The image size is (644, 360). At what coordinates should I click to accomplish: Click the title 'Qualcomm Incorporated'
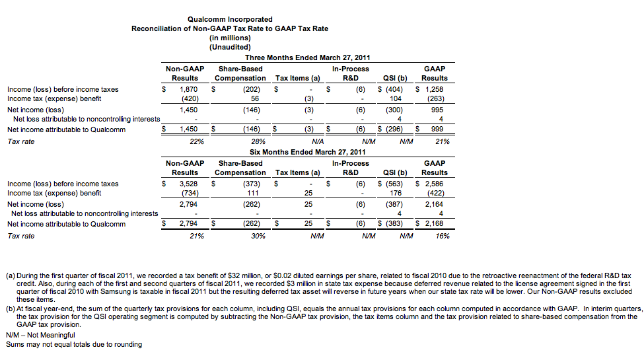230,20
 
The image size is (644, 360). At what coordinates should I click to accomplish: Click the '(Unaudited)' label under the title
230,48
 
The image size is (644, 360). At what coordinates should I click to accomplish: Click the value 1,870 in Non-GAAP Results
189,89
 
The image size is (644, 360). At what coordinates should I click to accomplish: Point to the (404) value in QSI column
390,89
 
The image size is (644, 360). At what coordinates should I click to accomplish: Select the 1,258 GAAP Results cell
433,89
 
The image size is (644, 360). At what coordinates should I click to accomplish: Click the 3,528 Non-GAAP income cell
189,184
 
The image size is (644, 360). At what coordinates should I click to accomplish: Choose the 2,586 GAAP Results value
433,184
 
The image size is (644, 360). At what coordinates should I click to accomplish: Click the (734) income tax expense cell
190,194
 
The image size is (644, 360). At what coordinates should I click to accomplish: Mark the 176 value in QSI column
396,194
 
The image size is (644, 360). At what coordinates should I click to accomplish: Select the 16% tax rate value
443,236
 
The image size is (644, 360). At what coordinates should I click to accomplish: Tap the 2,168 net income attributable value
435,224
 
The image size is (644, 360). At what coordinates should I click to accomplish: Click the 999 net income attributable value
437,129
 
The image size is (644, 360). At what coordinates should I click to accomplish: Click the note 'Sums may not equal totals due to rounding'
73,344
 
